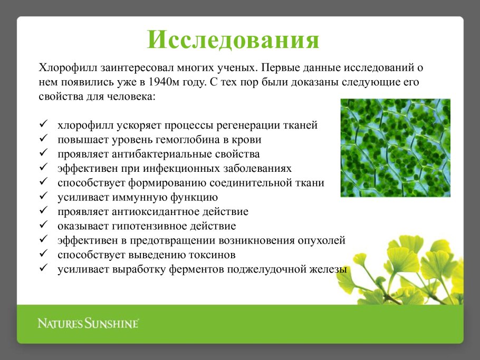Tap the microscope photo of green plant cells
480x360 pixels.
pos(395,148)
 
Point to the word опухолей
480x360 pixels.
pos(323,240)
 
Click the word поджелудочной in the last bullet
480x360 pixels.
pos(258,269)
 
